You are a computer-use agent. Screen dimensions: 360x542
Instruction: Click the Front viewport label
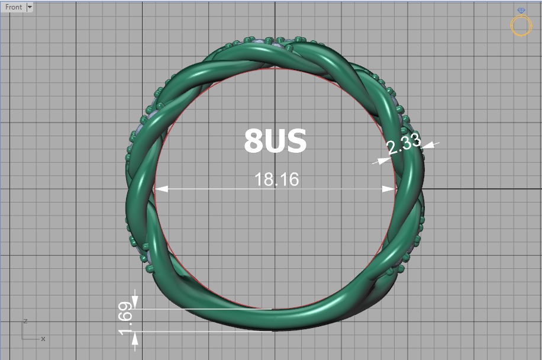(x=14, y=7)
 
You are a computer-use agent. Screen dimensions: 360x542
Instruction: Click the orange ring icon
(x=521, y=26)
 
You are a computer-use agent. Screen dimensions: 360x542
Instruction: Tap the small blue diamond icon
(x=521, y=11)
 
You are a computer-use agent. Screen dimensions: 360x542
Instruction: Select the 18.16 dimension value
(x=276, y=179)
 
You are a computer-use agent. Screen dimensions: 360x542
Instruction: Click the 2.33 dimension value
(x=404, y=144)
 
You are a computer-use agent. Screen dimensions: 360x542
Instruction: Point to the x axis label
(x=43, y=339)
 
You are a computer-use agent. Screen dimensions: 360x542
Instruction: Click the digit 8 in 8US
(x=254, y=142)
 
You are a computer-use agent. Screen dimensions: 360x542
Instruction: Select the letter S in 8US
(x=296, y=142)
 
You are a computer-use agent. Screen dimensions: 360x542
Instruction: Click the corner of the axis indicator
(x=22, y=339)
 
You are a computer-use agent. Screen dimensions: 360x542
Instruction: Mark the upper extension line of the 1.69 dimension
(x=201, y=308)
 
